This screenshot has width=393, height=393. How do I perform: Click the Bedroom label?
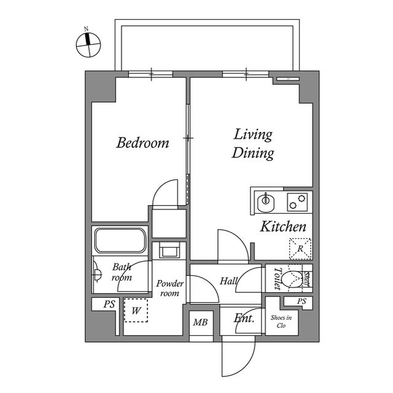coord(142,142)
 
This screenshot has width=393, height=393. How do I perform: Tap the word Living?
coord(253,135)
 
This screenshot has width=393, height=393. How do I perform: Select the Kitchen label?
coord(283,227)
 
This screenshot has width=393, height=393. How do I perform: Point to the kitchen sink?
coord(266,201)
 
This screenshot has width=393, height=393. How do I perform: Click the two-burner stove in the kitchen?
coord(297,202)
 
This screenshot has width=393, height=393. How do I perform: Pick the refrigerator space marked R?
coord(300,249)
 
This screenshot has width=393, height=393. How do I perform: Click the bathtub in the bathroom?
coord(120,240)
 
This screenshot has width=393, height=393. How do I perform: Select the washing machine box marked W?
coord(136,310)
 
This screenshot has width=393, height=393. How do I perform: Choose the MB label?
coord(201,322)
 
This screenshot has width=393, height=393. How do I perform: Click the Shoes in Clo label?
coord(281,322)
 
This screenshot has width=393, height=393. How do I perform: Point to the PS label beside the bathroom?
coord(109,304)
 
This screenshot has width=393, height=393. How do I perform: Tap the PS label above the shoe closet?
coord(302,302)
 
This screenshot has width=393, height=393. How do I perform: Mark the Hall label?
coord(228,281)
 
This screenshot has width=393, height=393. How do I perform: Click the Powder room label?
coord(169,289)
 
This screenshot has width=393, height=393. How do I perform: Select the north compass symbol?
coord(88,45)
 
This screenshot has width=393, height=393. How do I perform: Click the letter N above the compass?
coord(87,29)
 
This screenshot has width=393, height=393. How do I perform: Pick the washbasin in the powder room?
coord(170,250)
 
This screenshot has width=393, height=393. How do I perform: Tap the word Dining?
coord(252,154)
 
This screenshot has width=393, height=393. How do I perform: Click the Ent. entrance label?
coord(244,319)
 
